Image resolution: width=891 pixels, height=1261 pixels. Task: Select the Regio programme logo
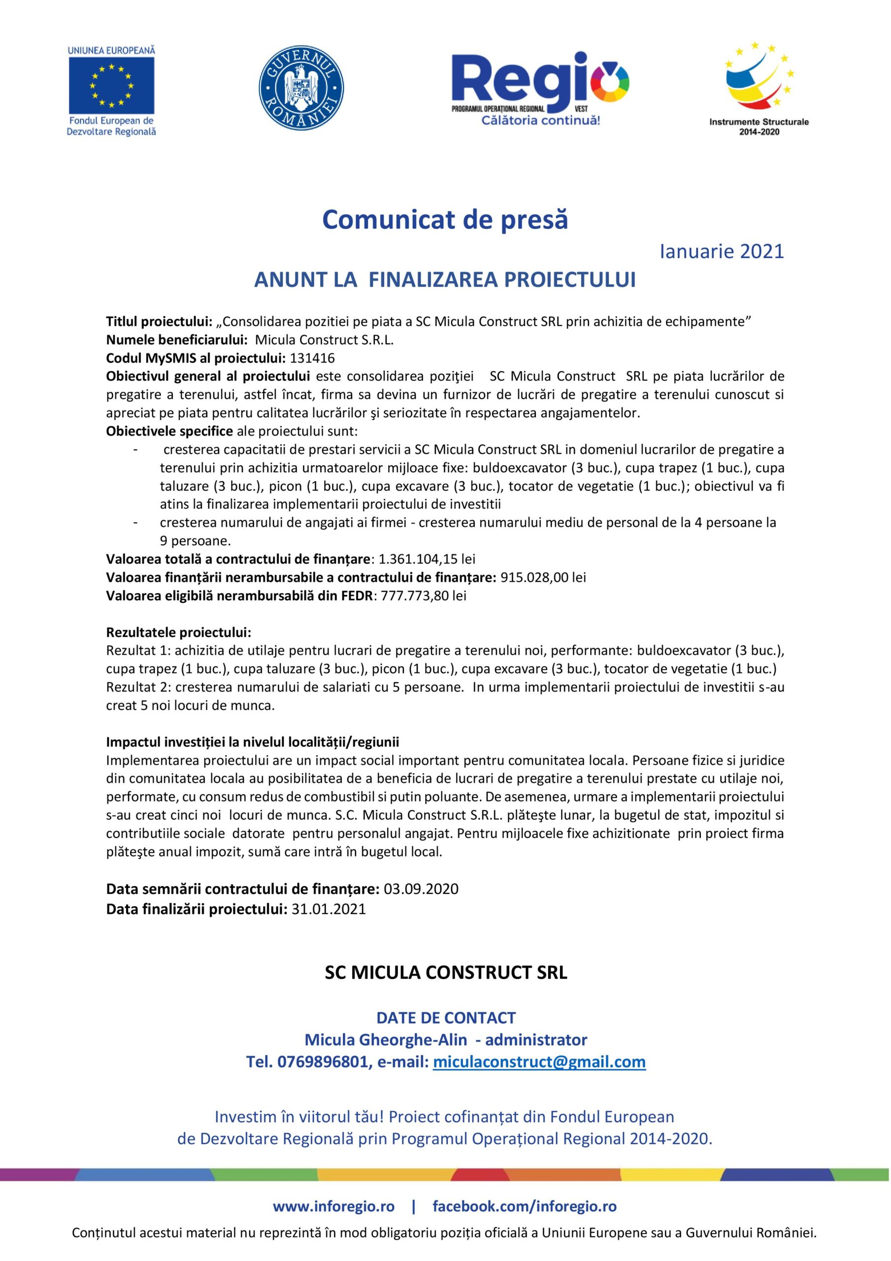click(x=540, y=88)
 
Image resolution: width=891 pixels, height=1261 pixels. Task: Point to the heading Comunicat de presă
click(x=445, y=220)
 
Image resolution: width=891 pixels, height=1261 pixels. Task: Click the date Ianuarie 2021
click(x=721, y=252)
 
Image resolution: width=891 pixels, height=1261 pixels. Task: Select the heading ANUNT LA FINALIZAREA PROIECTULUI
click(x=444, y=280)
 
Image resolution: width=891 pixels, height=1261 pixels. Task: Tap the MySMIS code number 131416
click(x=312, y=359)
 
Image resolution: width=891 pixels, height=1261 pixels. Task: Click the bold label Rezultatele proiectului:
click(x=178, y=632)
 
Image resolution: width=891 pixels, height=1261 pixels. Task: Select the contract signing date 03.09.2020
click(x=421, y=889)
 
